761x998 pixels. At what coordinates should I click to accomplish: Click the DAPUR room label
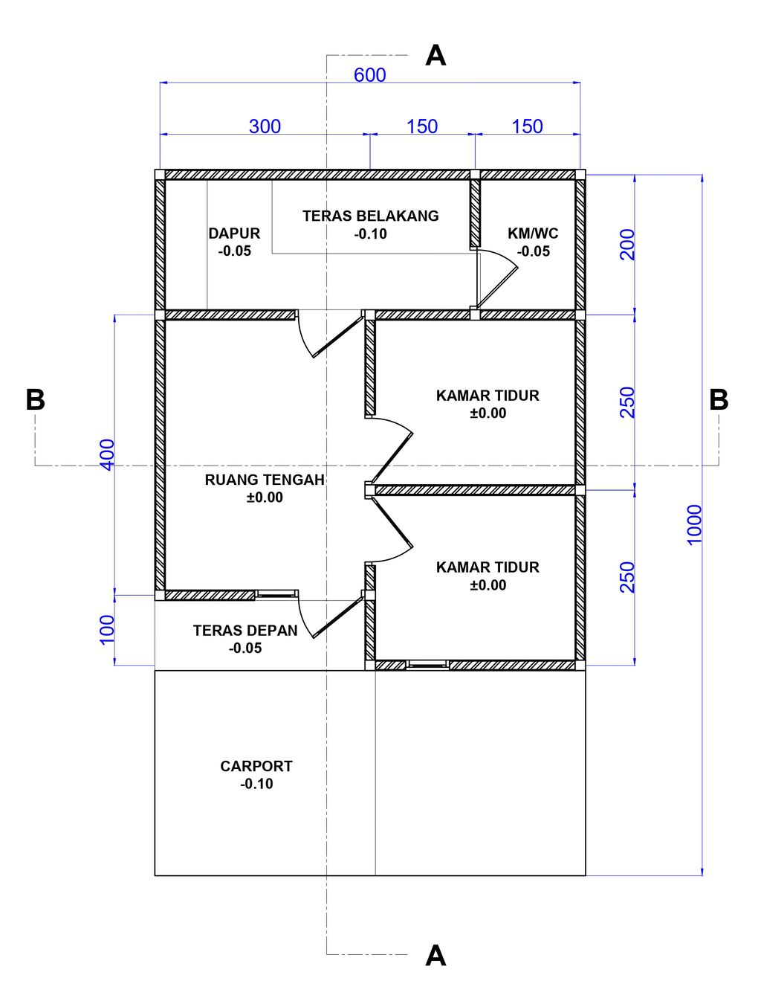click(x=234, y=234)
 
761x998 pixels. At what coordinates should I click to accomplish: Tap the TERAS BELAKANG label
click(x=371, y=216)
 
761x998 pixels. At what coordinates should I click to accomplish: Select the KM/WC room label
click(x=533, y=234)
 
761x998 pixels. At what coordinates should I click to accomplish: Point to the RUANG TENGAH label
click(x=265, y=480)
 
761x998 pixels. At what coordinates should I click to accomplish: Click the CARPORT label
click(x=256, y=766)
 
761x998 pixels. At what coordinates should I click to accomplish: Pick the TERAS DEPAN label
click(x=245, y=630)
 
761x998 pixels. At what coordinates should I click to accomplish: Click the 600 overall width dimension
click(x=370, y=75)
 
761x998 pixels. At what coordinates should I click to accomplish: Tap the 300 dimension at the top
click(x=265, y=126)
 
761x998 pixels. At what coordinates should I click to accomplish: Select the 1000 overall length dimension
click(x=695, y=524)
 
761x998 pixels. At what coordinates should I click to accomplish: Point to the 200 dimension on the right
click(x=627, y=245)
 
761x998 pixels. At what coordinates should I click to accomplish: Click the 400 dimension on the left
click(x=107, y=454)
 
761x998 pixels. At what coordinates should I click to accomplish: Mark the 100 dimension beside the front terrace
click(x=107, y=630)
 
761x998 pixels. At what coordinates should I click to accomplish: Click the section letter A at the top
click(x=435, y=56)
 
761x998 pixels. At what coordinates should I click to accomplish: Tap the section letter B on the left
click(x=36, y=399)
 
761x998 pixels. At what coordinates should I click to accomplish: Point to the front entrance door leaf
click(x=338, y=617)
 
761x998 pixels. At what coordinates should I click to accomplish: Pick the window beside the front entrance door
click(x=276, y=594)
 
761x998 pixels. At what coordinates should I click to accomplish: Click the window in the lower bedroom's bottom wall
click(x=427, y=665)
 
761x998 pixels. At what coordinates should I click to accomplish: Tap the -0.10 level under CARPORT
click(x=256, y=784)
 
